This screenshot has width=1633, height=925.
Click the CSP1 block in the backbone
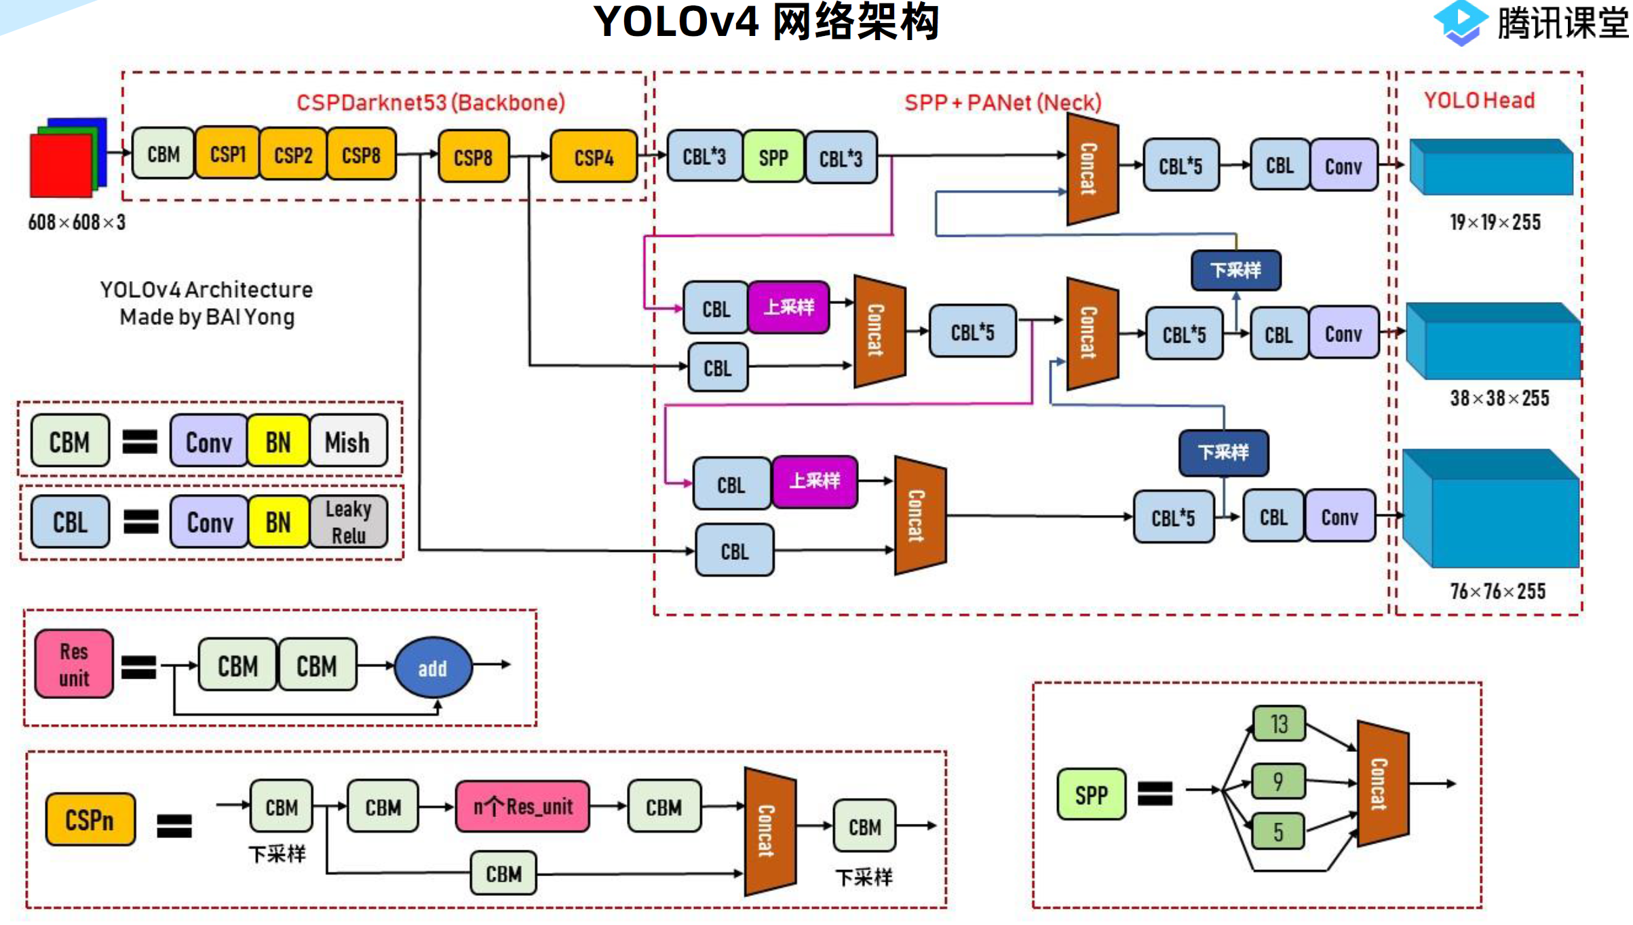click(x=227, y=155)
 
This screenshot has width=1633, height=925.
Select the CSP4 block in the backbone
click(x=594, y=157)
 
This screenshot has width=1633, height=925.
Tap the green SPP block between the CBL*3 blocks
click(x=773, y=158)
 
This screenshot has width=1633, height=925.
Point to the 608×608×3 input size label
click(x=77, y=223)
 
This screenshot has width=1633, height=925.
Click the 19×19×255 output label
click(x=1495, y=223)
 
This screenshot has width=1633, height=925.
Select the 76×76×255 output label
click(x=1497, y=591)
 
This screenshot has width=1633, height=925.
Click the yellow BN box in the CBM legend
click(x=278, y=442)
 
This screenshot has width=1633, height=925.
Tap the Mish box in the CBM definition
click(x=348, y=442)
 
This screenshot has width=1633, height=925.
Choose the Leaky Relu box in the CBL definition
click(x=349, y=522)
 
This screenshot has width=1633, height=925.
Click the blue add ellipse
click(x=433, y=668)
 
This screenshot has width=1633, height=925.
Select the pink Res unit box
click(x=74, y=664)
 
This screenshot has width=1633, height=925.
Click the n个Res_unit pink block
click(x=522, y=807)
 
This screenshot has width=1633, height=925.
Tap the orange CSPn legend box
click(x=90, y=820)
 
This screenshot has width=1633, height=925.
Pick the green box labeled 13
click(x=1279, y=724)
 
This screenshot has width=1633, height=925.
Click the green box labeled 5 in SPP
click(x=1278, y=831)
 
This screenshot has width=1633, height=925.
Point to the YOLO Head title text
click(x=1479, y=100)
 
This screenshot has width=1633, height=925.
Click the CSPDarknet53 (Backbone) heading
click(x=431, y=102)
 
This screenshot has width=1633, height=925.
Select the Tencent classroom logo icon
click(x=1460, y=22)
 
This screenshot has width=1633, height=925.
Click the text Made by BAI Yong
click(x=207, y=317)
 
